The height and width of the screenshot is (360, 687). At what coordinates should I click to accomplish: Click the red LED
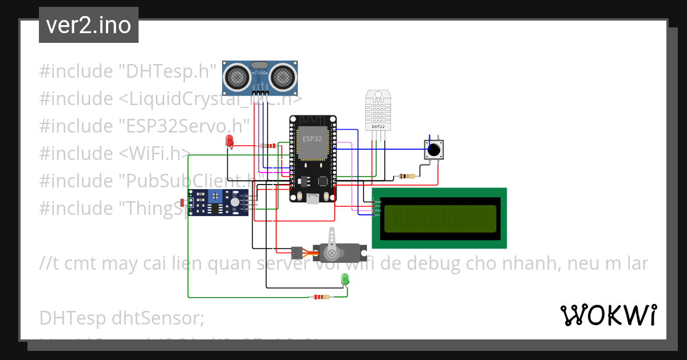(229, 141)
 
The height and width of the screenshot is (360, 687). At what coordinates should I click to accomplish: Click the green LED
(345, 279)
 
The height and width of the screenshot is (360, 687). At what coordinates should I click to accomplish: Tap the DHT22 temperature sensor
(377, 110)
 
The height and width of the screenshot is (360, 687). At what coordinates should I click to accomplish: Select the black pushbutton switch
(434, 150)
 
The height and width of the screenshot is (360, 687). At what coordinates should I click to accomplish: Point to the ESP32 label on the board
(313, 139)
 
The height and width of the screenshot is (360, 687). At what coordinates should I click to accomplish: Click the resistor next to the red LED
(268, 146)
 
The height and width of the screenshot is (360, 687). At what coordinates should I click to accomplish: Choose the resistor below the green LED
(319, 297)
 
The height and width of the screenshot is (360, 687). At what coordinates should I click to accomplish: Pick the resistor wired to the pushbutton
(406, 176)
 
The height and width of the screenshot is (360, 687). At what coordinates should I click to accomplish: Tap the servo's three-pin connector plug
(296, 251)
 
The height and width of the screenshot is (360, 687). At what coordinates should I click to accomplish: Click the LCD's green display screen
(440, 219)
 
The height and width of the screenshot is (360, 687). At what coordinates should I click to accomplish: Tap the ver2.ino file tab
(89, 25)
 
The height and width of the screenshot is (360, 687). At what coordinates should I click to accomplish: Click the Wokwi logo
(609, 315)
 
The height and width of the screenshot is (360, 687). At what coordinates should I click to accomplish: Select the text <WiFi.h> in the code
(155, 154)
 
